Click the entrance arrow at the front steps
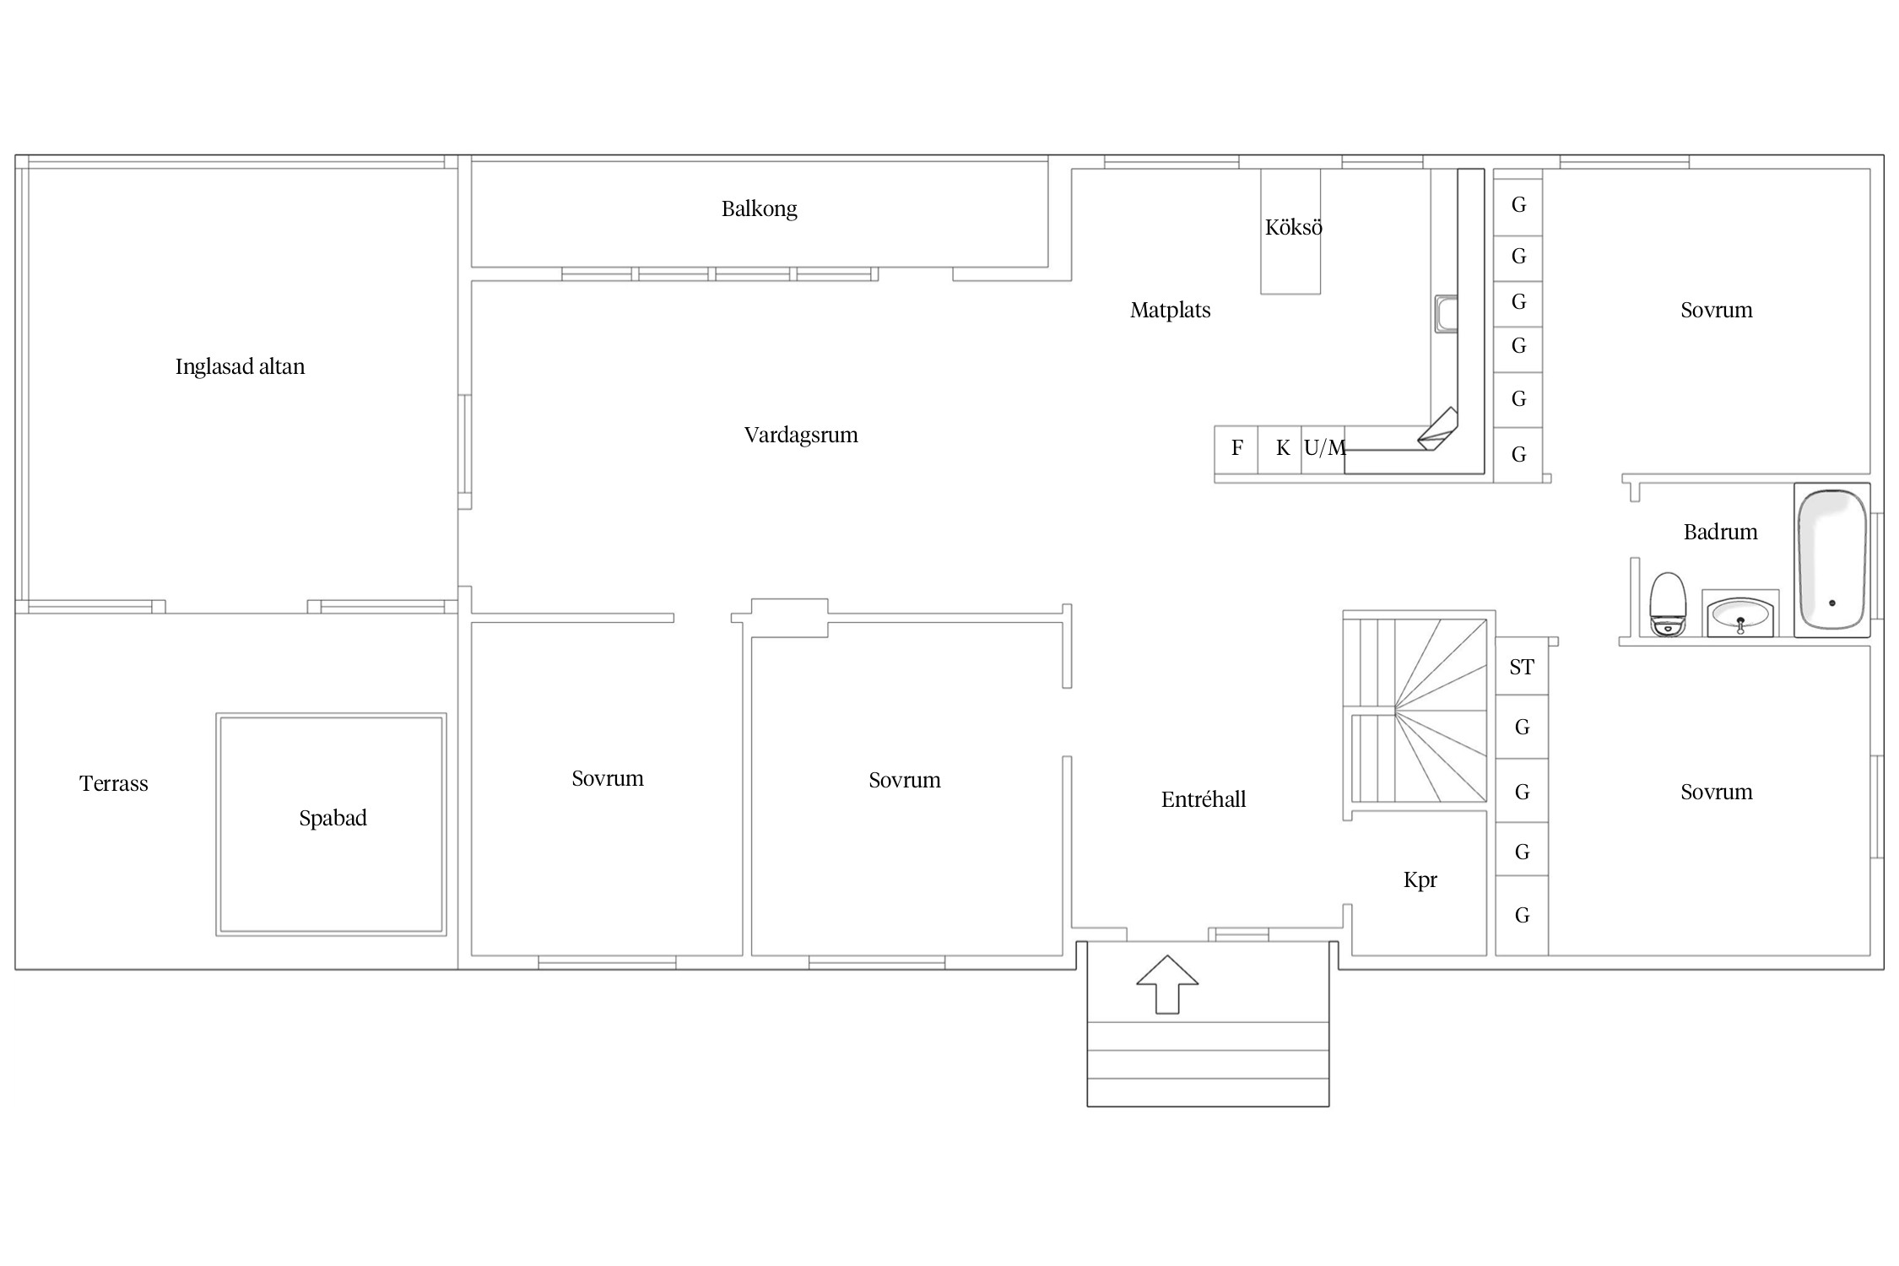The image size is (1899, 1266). pos(1167,984)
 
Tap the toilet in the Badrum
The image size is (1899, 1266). pos(1668,604)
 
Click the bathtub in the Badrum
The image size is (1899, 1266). pos(1831,560)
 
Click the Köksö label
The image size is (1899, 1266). pos(1293,227)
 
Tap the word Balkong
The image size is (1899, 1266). pos(759,208)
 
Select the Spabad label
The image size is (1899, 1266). pos(333,818)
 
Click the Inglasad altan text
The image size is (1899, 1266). pos(240,366)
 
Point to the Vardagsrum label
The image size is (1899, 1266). pos(801,435)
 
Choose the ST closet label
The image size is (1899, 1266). pos(1522,667)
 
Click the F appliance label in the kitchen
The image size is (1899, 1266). pos(1237,447)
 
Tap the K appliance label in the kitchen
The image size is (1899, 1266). pos(1283,447)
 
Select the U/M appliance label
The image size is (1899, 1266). pos(1324,447)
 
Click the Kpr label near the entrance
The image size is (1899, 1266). pos(1420,880)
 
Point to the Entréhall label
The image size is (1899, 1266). pos(1204,799)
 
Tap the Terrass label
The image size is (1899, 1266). pos(114,783)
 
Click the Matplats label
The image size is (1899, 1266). pos(1170,310)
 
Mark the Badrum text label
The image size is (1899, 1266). pos(1720,532)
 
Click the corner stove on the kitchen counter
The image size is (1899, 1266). pos(1438,430)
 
